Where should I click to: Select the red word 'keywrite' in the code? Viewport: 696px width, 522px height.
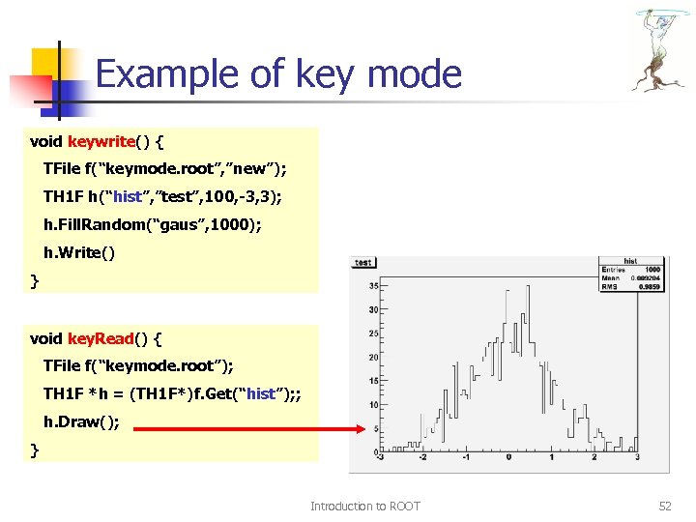click(x=101, y=142)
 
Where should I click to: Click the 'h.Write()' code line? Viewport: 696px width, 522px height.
click(x=78, y=253)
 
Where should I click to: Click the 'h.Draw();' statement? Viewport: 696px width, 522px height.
click(x=82, y=422)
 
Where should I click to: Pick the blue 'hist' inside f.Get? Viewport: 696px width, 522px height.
click(x=263, y=394)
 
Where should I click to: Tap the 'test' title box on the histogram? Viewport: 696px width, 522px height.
click(x=363, y=262)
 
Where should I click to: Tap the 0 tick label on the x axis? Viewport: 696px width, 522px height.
click(x=509, y=458)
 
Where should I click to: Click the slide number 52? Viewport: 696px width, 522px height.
click(x=664, y=506)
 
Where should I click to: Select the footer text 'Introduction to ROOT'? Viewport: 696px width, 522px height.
click(x=364, y=506)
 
